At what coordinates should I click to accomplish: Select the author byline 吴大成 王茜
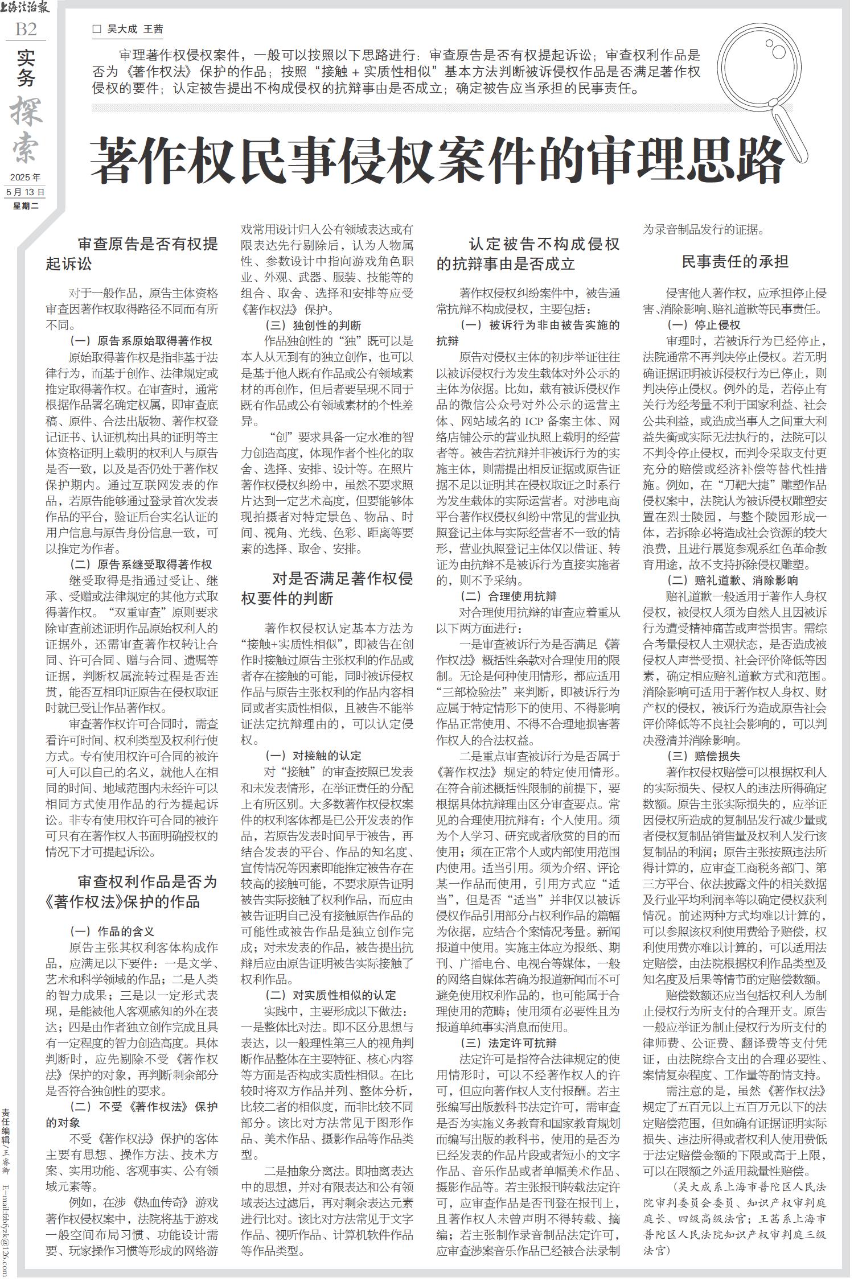[x=136, y=29]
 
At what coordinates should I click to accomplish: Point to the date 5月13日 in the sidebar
[x=26, y=192]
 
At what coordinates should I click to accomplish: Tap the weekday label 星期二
[x=26, y=206]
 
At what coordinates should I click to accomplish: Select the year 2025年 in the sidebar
[x=26, y=178]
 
